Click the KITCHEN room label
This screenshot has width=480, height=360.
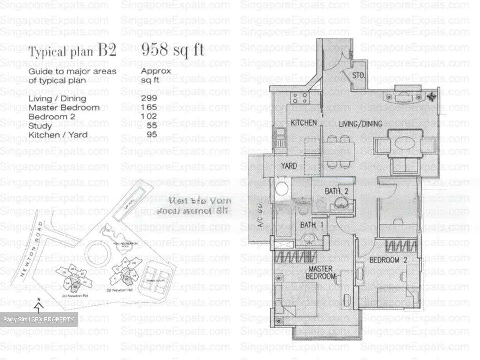[303, 123]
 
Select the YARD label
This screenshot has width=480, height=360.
[289, 166]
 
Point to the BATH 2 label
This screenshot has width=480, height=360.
[336, 191]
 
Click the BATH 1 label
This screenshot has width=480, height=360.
[312, 225]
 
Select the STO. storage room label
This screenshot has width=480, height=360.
[358, 76]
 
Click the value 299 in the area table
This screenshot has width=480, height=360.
[149, 98]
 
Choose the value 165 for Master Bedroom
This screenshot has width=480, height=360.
[149, 107]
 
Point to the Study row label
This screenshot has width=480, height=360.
[40, 126]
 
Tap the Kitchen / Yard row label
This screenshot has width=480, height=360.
[58, 135]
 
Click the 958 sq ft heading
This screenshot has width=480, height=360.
[173, 50]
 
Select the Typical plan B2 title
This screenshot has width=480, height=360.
[72, 52]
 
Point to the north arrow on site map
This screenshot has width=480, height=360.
[39, 305]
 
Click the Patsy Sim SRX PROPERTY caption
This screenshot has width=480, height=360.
[39, 319]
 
